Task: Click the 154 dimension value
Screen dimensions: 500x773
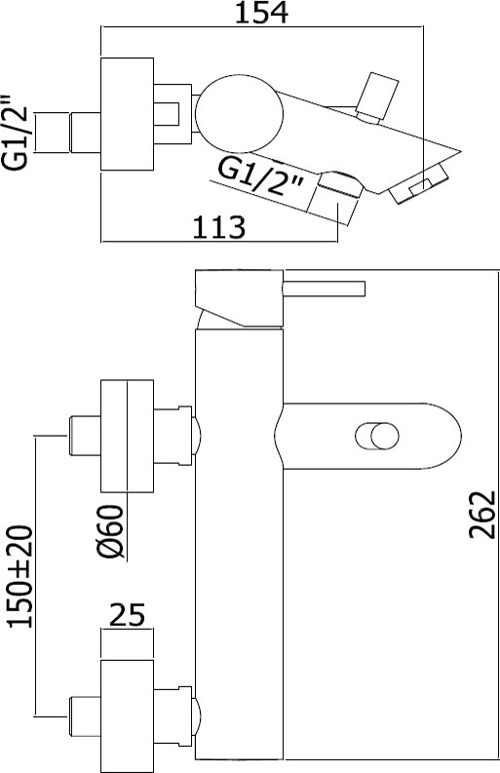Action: click(261, 13)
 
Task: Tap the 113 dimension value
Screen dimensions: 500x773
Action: click(218, 227)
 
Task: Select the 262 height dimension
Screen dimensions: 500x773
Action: click(482, 514)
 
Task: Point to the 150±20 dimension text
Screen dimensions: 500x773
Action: click(19, 576)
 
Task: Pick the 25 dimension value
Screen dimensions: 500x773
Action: click(128, 614)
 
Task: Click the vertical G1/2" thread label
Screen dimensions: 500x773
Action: click(19, 133)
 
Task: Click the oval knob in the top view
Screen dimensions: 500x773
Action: click(239, 113)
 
